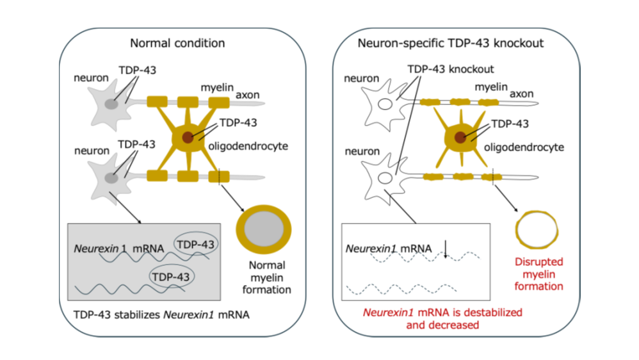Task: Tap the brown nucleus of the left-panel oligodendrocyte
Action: (x=187, y=138)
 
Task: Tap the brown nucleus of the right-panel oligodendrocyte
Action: (x=460, y=136)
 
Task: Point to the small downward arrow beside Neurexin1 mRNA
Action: (x=446, y=251)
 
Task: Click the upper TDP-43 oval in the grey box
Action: (x=196, y=244)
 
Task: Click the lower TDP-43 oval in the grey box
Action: (x=172, y=275)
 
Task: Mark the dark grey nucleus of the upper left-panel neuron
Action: (x=112, y=104)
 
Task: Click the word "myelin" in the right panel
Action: (x=491, y=87)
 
